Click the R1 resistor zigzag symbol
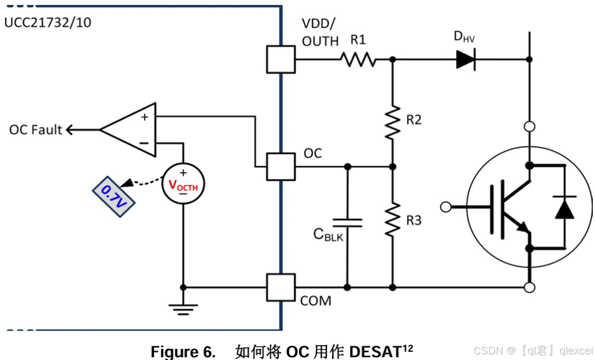coord(358,60)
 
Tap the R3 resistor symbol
coord(393,219)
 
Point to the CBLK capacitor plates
coord(347,223)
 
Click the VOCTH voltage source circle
coord(183,184)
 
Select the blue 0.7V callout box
coord(114,197)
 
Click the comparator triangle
coord(128,130)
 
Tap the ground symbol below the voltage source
coord(183,309)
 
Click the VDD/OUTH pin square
coord(281,59)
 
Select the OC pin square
coord(281,166)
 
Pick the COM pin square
coord(281,287)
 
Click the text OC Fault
coord(35,130)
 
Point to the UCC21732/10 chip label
coord(48,23)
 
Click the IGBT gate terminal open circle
coord(446,207)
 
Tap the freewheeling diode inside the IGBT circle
coord(565,208)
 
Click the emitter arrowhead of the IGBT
coord(523,227)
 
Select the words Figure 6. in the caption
coord(183,352)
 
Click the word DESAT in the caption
coord(375,352)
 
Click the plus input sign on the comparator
coord(144,117)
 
